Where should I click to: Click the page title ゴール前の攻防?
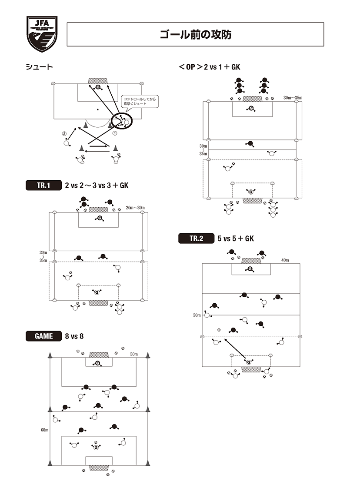[x=195, y=35]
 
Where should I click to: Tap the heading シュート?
[x=39, y=67]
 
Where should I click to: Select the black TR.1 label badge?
[x=43, y=186]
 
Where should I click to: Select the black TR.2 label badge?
[x=196, y=238]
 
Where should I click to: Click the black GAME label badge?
[x=43, y=336]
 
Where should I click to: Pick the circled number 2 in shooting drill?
[x=64, y=133]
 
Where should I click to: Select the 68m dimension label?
[x=44, y=430]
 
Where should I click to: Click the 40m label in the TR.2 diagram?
[x=285, y=260]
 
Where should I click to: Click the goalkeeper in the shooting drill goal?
[x=98, y=87]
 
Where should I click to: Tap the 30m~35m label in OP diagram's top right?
[x=292, y=97]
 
